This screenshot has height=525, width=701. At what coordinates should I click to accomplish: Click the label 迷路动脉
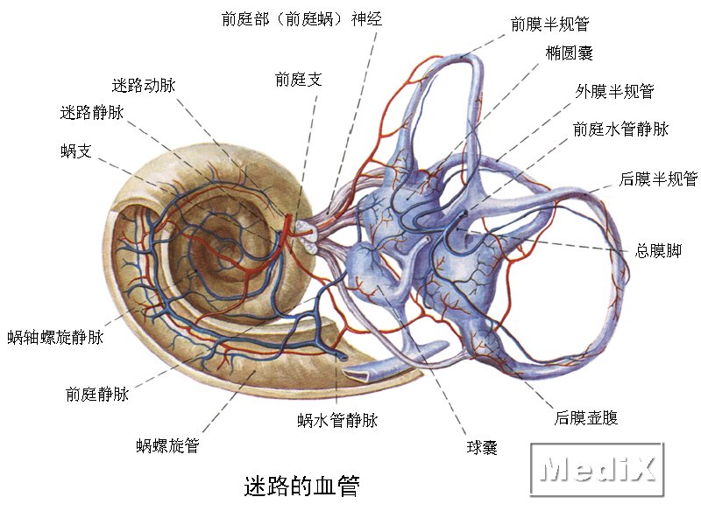click(144, 85)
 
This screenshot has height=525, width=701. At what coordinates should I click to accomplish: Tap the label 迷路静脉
click(92, 113)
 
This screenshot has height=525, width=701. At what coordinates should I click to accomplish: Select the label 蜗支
click(76, 150)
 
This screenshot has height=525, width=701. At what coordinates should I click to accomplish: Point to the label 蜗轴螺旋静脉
click(55, 337)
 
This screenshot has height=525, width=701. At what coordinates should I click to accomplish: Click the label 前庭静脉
click(97, 394)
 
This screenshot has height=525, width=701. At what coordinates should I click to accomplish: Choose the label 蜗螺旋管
click(167, 445)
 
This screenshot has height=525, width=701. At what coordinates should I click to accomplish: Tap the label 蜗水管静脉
click(337, 420)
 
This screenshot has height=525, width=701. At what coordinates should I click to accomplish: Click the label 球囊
click(482, 447)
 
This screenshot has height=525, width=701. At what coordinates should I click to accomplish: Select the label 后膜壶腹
click(586, 418)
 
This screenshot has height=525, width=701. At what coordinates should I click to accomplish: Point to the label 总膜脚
click(659, 250)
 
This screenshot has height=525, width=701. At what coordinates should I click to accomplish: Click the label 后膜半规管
click(659, 179)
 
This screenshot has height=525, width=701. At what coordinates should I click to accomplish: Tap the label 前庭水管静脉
click(620, 129)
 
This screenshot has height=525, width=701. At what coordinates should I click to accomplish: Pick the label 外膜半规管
click(615, 92)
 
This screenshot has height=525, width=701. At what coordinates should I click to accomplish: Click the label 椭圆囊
click(569, 53)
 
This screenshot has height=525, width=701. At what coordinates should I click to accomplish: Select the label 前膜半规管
click(550, 24)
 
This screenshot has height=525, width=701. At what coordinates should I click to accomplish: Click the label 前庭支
click(298, 80)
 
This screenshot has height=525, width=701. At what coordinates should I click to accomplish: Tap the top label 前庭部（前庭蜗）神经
click(301, 19)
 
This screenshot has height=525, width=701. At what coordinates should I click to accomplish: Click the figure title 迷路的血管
click(301, 486)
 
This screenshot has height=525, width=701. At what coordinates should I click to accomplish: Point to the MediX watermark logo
click(598, 469)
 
